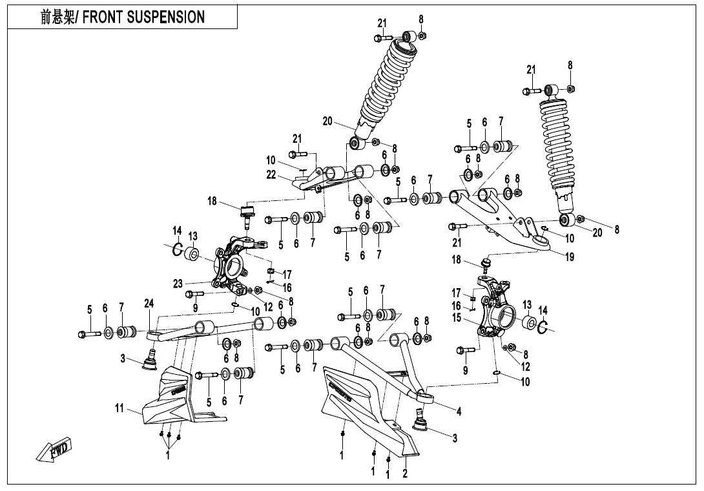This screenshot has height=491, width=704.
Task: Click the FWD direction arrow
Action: coord(55,450)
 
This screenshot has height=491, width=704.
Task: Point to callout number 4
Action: coord(459,411)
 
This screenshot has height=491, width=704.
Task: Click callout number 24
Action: coord(149,303)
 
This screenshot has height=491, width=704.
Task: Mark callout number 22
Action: coord(271,174)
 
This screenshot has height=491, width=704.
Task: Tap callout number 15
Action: coord(457,317)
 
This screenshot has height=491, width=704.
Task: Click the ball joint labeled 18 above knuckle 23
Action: coord(246,214)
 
